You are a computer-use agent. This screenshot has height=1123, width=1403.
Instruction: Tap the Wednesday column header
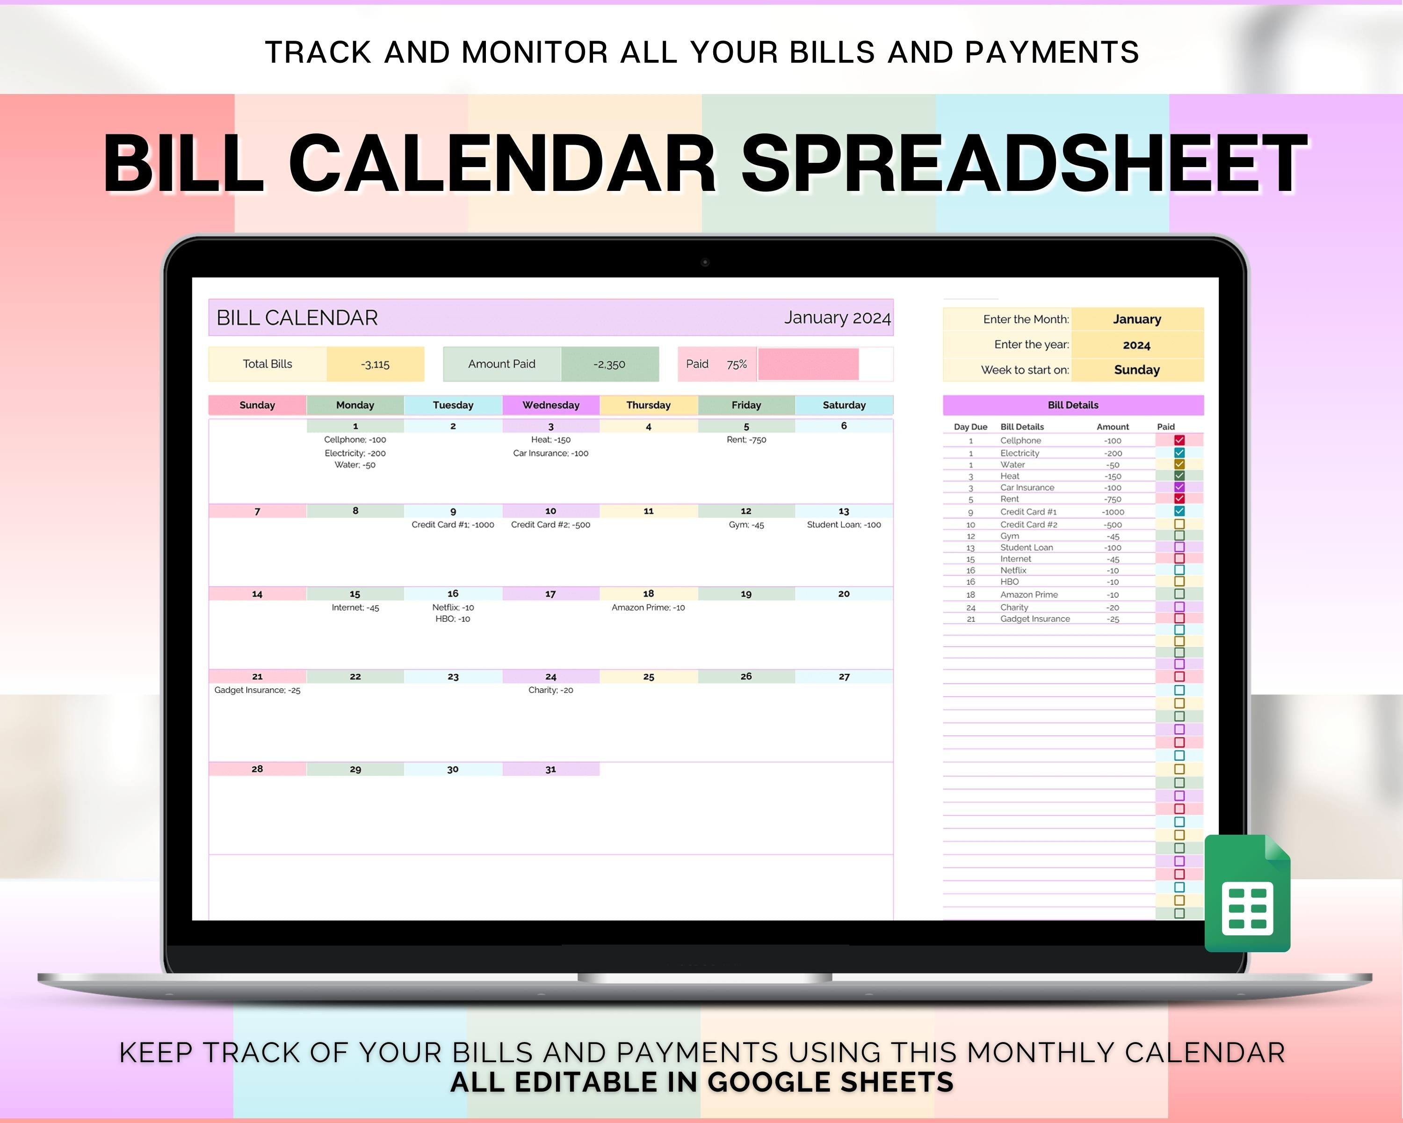click(550, 405)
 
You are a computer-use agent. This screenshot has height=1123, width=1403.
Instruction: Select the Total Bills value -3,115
click(376, 364)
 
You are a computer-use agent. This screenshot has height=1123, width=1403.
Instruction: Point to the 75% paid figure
click(737, 364)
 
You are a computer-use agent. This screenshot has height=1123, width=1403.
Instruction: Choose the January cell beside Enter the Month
click(1137, 319)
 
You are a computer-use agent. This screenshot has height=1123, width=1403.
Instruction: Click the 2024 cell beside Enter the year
click(1137, 345)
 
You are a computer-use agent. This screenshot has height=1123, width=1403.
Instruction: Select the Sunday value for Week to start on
click(1137, 370)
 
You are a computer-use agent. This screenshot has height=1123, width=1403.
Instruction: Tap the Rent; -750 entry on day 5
click(746, 439)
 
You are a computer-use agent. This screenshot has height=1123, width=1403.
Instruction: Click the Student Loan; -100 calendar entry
click(844, 525)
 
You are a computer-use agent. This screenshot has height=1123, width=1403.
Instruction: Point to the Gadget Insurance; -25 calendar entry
click(257, 690)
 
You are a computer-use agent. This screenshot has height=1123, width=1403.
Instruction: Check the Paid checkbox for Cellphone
click(1179, 440)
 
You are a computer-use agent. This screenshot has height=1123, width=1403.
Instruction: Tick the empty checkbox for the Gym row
click(1179, 536)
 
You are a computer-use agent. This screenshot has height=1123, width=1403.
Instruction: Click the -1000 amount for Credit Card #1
click(1112, 512)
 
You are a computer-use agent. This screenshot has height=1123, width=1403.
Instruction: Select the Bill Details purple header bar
click(1073, 405)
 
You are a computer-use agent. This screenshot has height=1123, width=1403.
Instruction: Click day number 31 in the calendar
click(550, 770)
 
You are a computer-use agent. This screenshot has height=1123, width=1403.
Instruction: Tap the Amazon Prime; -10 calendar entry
click(648, 607)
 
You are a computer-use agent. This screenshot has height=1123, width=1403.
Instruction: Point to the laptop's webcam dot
click(705, 263)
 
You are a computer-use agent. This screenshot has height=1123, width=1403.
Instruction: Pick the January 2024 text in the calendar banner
click(837, 318)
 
